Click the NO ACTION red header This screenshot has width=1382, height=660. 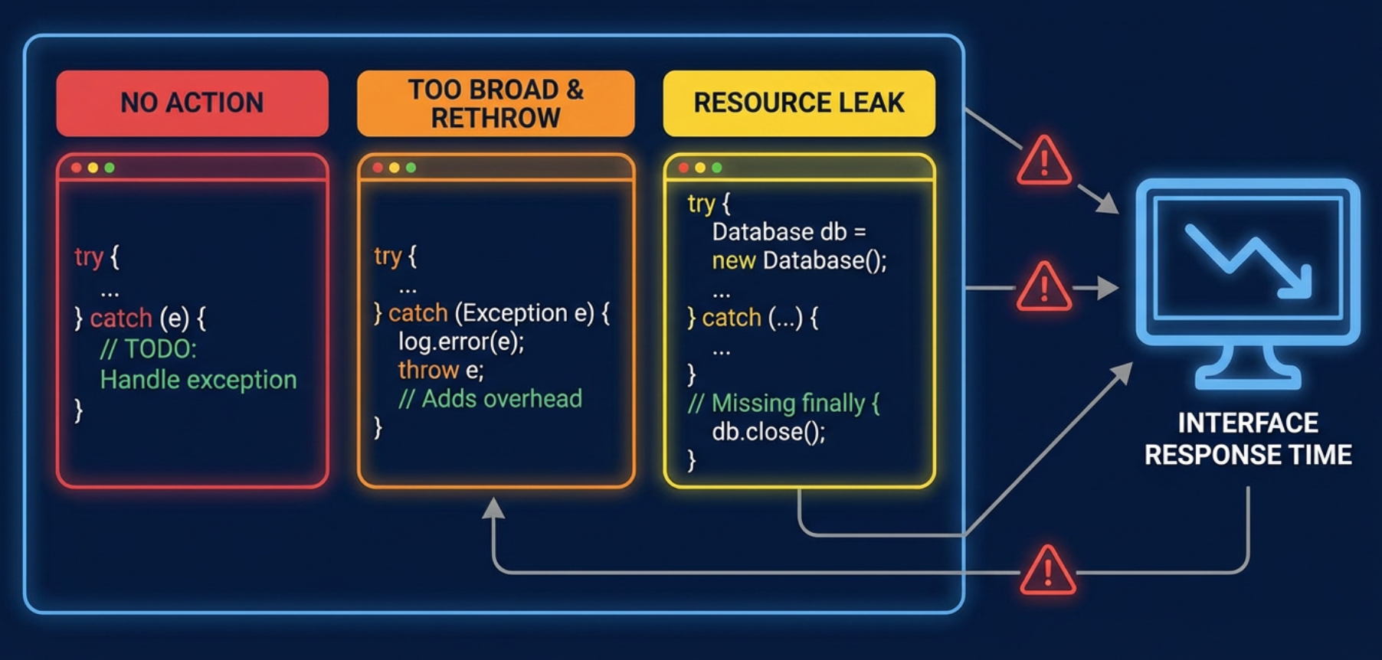(x=192, y=103)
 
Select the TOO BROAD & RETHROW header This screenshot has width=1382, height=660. (x=496, y=103)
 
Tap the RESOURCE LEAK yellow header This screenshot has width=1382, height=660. (x=799, y=103)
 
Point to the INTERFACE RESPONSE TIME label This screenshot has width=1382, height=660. (x=1248, y=439)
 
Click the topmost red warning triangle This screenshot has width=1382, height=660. (x=1043, y=162)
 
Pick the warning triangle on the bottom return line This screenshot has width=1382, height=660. (x=1048, y=570)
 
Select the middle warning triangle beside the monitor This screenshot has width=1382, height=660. (x=1043, y=287)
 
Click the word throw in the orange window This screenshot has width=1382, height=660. (x=428, y=371)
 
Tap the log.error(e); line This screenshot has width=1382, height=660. (x=460, y=341)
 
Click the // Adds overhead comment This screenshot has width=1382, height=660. (x=490, y=399)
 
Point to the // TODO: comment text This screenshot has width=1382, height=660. (x=149, y=349)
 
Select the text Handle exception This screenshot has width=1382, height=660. (x=198, y=380)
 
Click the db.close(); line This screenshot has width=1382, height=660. (x=768, y=432)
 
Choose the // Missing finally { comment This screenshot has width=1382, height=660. (x=784, y=404)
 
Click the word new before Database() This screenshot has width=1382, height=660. (x=734, y=261)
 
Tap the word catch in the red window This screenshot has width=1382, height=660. (x=121, y=319)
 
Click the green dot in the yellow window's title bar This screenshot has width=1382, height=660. (x=717, y=168)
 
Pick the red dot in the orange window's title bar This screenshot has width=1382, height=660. (x=377, y=168)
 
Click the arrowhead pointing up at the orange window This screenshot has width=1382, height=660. (x=493, y=508)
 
